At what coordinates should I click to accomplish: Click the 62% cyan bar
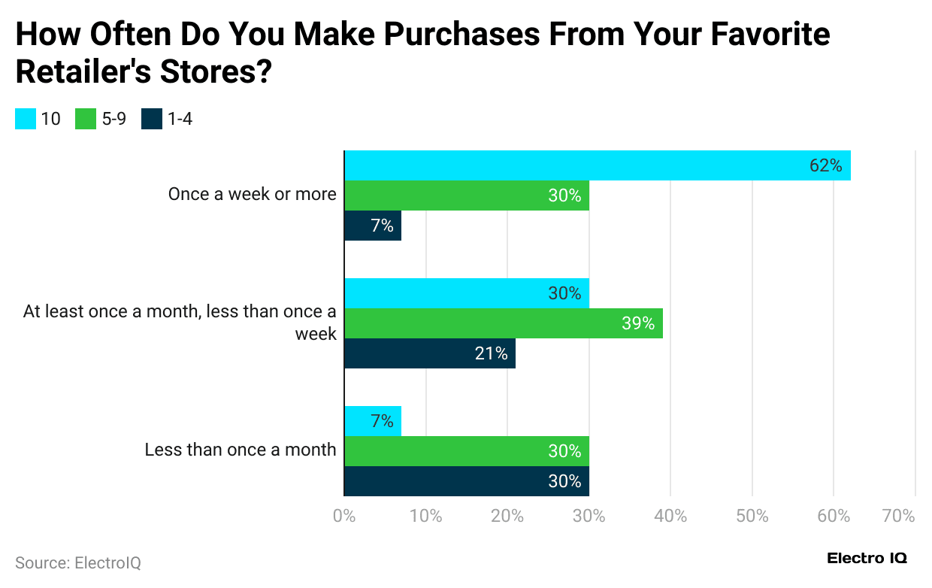pyautogui.click(x=597, y=165)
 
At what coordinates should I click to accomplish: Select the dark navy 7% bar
pyautogui.click(x=373, y=226)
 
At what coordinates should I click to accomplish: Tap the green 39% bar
pyautogui.click(x=503, y=323)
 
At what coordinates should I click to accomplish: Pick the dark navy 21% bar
pyautogui.click(x=430, y=353)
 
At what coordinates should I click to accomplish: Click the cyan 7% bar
pyautogui.click(x=373, y=421)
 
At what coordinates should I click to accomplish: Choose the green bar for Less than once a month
pyautogui.click(x=466, y=451)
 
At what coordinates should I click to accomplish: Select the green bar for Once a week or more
pyautogui.click(x=466, y=195)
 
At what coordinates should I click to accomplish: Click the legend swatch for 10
pyautogui.click(x=26, y=119)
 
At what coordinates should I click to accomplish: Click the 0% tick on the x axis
pyautogui.click(x=344, y=517)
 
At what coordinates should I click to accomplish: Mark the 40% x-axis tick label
pyautogui.click(x=670, y=517)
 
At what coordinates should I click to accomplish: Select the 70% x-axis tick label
pyautogui.click(x=898, y=517)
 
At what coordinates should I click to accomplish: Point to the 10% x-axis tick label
pyautogui.click(x=425, y=517)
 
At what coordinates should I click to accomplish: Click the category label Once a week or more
pyautogui.click(x=252, y=194)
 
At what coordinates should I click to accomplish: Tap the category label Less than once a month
pyautogui.click(x=241, y=450)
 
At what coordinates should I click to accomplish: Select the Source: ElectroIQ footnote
pyautogui.click(x=78, y=562)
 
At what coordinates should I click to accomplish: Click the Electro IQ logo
pyautogui.click(x=867, y=558)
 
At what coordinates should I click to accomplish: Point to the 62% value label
pyautogui.click(x=825, y=165)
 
